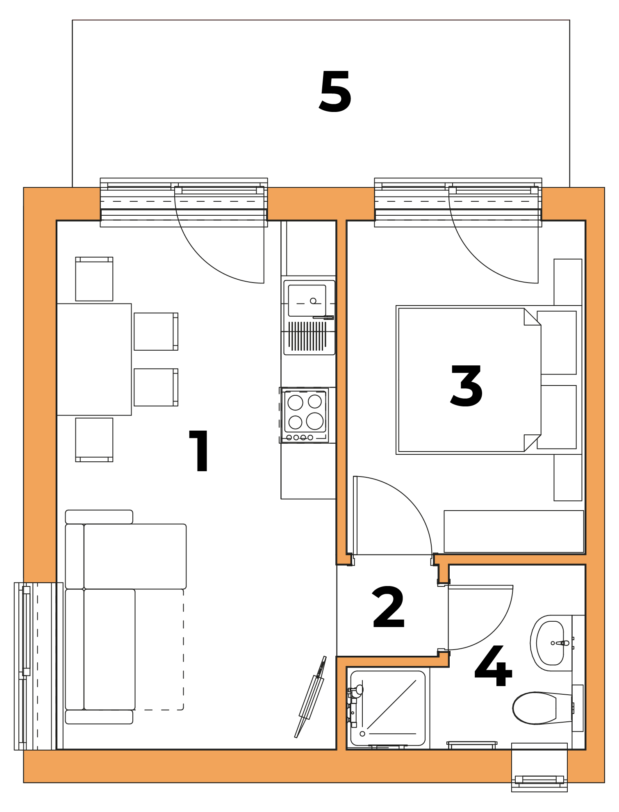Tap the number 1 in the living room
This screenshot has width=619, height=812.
click(x=199, y=451)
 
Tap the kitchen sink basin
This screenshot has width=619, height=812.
click(x=307, y=301)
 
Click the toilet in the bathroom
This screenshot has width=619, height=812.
click(x=542, y=708)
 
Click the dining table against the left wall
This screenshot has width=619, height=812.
click(x=94, y=359)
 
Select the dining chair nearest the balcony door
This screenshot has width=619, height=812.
click(x=94, y=279)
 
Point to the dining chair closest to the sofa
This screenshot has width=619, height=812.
click(x=94, y=440)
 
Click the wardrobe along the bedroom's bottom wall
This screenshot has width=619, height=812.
click(x=514, y=531)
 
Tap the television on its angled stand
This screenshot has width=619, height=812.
click(x=310, y=697)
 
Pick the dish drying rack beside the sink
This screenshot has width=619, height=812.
click(x=307, y=336)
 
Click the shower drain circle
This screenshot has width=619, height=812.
click(x=362, y=734)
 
